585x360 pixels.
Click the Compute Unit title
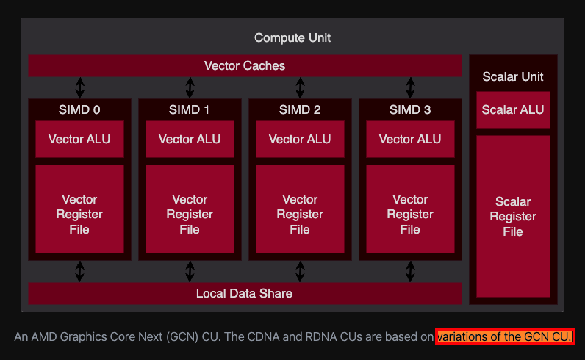[292, 37]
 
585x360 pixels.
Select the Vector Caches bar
[245, 65]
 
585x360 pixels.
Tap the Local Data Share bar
[245, 293]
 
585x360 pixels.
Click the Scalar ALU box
[513, 110]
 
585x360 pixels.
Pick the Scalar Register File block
[513, 216]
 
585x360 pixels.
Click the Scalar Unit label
[513, 77]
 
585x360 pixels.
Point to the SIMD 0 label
[79, 110]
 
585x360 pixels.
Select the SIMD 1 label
[190, 110]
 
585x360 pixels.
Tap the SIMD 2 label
[300, 110]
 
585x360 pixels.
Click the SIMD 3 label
[410, 110]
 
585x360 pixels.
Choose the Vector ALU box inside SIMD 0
[79, 139]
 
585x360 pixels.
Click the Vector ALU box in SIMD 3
[410, 139]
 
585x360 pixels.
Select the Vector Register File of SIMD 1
[190, 215]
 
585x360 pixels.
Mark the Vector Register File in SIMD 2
[300, 215]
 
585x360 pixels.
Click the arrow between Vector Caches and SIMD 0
[79, 87]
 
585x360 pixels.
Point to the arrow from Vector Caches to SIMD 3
[410, 87]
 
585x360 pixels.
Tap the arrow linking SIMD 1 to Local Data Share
[190, 271]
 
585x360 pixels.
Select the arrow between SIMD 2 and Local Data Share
[300, 271]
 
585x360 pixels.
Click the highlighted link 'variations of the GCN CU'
[505, 337]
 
